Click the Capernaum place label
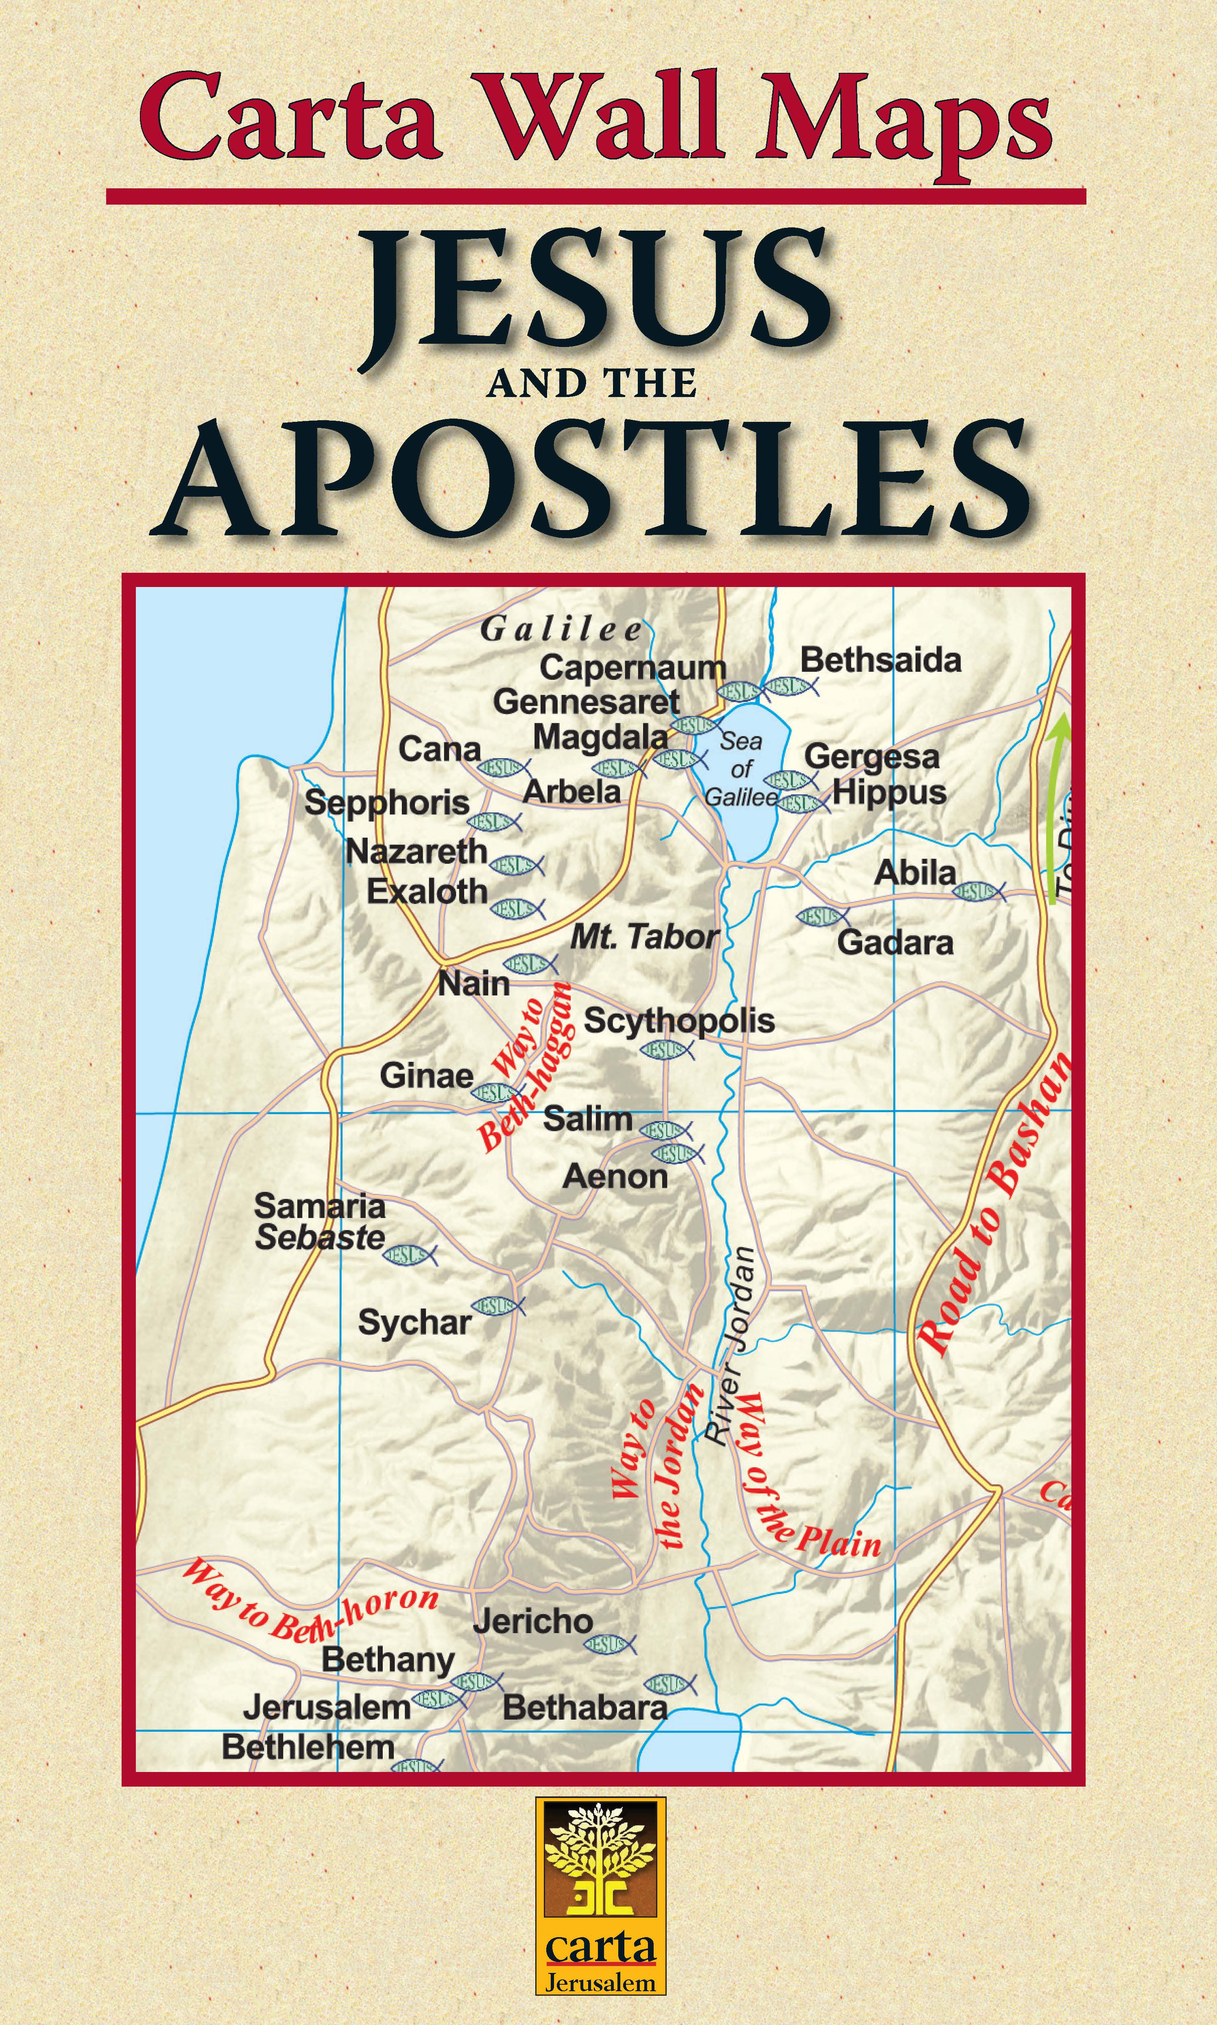pos(632,668)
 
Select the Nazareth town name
pos(417,851)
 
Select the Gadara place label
pos(895,943)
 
